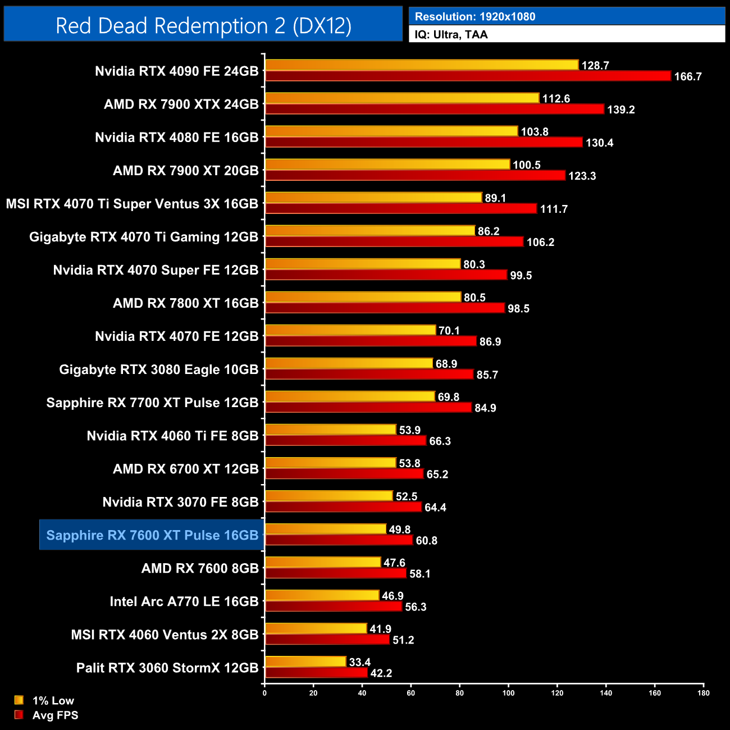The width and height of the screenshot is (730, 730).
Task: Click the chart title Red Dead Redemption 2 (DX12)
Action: tap(203, 25)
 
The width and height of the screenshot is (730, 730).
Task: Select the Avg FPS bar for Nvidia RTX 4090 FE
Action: tap(467, 76)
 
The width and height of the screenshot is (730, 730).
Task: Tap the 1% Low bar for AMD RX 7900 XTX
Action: tap(401, 98)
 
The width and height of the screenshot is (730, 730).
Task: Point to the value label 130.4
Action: tap(599, 143)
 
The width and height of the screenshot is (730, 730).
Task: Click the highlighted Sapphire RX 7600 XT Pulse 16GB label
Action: tap(152, 535)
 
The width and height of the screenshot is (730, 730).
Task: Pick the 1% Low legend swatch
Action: tap(19, 700)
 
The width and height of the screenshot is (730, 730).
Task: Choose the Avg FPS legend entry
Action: tap(55, 715)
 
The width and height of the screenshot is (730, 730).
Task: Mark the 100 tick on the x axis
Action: tap(508, 693)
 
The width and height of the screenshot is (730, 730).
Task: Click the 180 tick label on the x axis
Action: tap(703, 693)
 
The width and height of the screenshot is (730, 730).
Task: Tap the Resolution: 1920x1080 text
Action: tap(475, 16)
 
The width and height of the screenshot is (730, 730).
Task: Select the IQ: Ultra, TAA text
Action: tap(451, 34)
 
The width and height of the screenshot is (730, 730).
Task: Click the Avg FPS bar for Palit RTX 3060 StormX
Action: tap(316, 673)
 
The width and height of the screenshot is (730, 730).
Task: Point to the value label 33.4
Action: tap(359, 662)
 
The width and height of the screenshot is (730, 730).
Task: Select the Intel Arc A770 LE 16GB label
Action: tap(184, 601)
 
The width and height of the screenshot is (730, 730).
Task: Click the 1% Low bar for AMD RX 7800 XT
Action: tap(363, 297)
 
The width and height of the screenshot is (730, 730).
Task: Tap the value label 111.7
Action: tap(554, 209)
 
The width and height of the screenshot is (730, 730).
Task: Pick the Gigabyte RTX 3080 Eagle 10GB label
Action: tap(159, 369)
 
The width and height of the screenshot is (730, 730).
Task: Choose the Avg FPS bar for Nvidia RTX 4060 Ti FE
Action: tap(345, 441)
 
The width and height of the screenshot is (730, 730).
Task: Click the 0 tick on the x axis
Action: tap(264, 693)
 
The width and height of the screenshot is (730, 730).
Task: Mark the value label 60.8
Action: tap(426, 540)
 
